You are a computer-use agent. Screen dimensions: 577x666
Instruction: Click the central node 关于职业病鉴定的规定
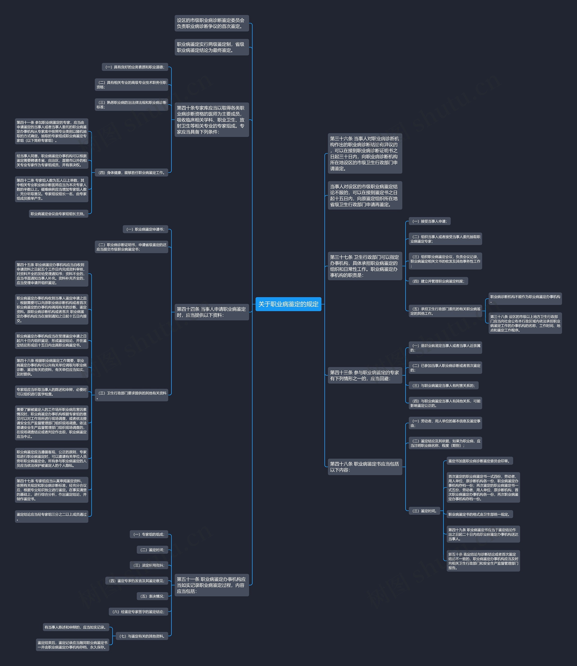pos(288,304)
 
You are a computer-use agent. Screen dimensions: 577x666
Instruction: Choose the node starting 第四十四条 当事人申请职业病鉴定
pos(212,312)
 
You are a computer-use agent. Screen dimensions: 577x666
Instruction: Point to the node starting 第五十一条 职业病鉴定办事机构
pos(212,585)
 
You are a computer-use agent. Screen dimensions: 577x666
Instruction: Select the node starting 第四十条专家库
pos(212,120)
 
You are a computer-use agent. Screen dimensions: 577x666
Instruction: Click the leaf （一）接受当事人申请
pos(430,221)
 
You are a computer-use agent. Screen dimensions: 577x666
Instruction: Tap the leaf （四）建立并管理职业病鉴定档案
pos(438,281)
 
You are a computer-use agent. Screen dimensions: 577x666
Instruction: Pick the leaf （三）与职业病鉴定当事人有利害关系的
pos(443,386)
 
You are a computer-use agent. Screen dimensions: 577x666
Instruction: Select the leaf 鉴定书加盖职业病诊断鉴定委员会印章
pos(479,461)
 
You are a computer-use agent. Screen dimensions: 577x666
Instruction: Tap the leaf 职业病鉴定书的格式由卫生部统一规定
pos(479,514)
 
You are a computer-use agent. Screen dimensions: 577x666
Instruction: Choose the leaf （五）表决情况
pos(152,596)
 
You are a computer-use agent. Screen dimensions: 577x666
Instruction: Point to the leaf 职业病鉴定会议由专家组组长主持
pos(58,214)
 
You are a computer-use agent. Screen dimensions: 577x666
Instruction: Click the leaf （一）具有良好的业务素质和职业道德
pos(135,67)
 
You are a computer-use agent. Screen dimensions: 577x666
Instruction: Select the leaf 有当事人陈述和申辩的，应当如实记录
pos(76,627)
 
